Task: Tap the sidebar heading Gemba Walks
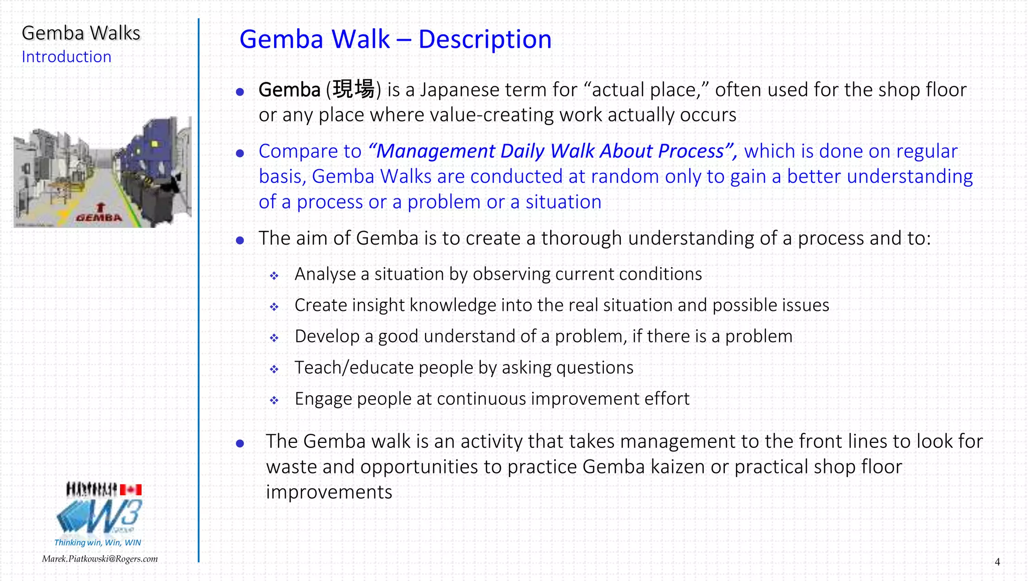[x=81, y=33]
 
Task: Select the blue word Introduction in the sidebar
[x=66, y=57]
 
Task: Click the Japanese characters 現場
[x=353, y=89]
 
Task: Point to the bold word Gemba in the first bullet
[x=289, y=90]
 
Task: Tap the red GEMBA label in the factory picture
[x=99, y=218]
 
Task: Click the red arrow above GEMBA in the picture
[x=100, y=206]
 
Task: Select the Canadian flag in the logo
[x=131, y=490]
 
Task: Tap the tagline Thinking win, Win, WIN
[x=97, y=542]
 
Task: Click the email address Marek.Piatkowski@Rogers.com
[x=99, y=559]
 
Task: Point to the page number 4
[x=997, y=562]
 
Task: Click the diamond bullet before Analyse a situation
[x=274, y=276]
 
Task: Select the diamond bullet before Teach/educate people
[x=274, y=369]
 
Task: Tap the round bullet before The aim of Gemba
[x=240, y=240]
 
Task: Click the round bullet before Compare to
[x=240, y=153]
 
